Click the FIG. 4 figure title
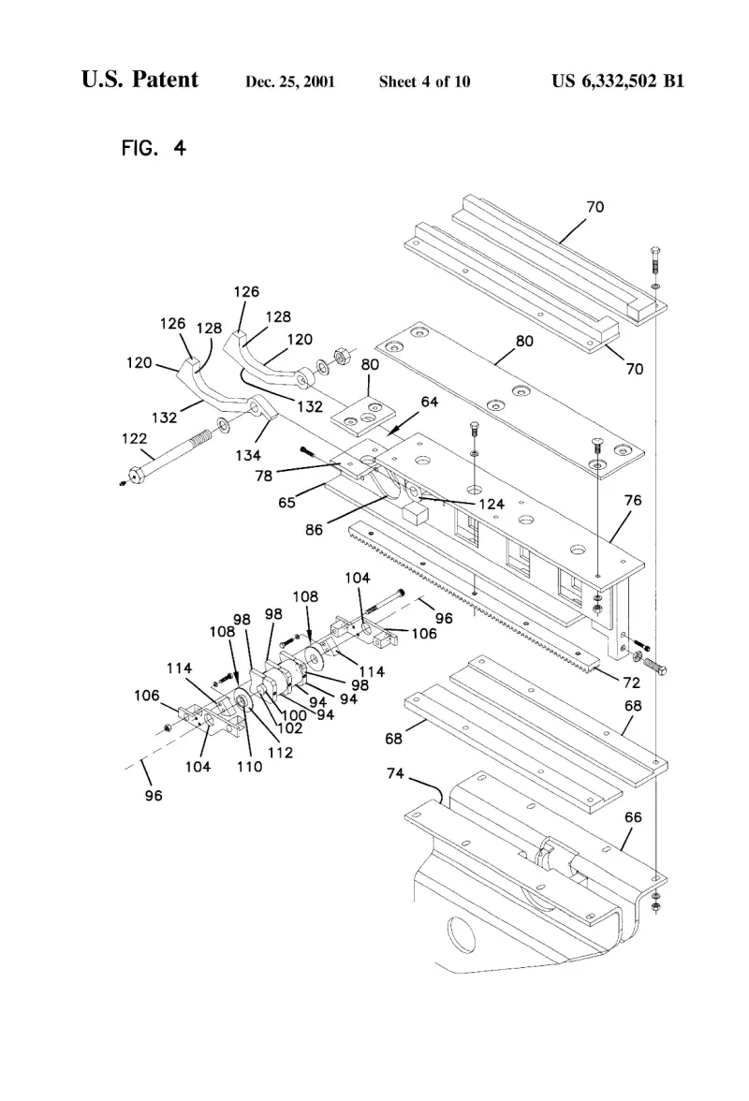154,148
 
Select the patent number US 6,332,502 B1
617,81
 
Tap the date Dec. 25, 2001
290,82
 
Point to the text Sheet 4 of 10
425,82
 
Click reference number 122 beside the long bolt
134,439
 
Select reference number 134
248,456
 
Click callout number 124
492,504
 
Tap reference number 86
314,530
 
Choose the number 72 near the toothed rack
632,683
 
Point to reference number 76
633,500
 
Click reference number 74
395,773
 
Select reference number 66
633,817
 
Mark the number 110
249,767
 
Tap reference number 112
280,753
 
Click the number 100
293,715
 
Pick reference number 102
290,728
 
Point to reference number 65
286,503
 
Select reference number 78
263,476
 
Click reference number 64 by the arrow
429,402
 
